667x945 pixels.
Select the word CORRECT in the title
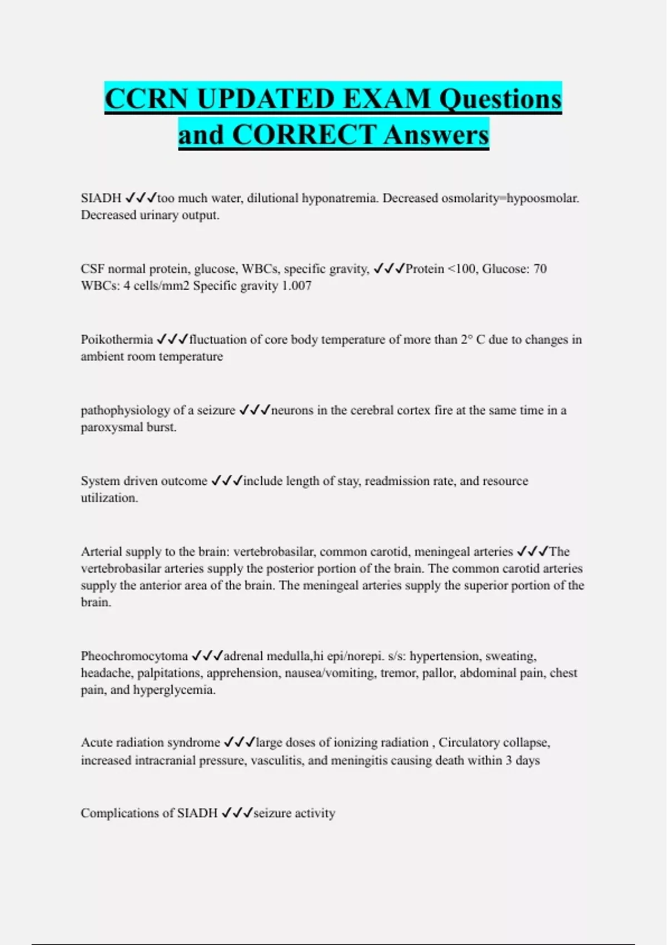click(304, 135)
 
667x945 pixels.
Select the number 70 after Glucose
click(540, 269)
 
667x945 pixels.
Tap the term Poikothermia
click(117, 340)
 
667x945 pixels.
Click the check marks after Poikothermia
click(172, 339)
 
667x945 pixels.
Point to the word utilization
click(109, 498)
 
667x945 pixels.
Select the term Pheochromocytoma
click(135, 656)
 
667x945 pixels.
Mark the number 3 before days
click(509, 760)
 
